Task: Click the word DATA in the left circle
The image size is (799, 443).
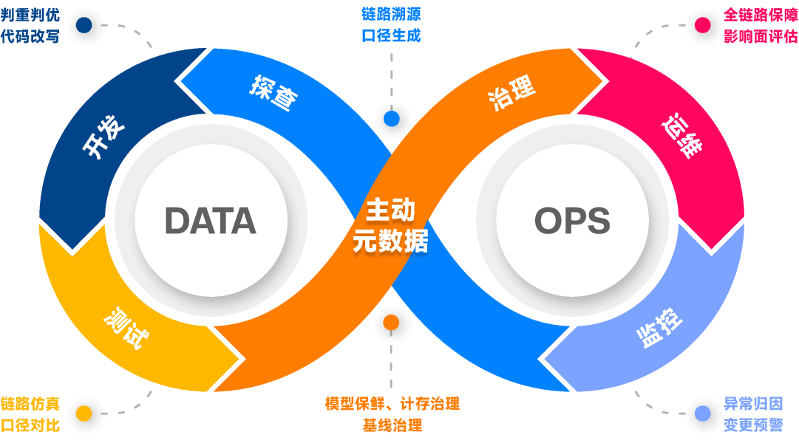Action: click(210, 221)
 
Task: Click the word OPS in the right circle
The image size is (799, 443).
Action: click(572, 221)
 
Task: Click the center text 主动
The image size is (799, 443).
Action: click(390, 210)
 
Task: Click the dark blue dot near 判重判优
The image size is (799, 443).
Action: click(84, 25)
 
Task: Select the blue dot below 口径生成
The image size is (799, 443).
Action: click(391, 118)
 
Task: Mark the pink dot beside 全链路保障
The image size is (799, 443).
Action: click(702, 25)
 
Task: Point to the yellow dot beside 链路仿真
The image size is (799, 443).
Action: click(84, 413)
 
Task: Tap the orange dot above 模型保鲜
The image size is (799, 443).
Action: click(391, 323)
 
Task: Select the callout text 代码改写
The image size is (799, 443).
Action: click(30, 36)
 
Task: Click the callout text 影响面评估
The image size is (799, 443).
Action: click(760, 36)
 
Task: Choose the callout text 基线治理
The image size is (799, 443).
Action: click(392, 425)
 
